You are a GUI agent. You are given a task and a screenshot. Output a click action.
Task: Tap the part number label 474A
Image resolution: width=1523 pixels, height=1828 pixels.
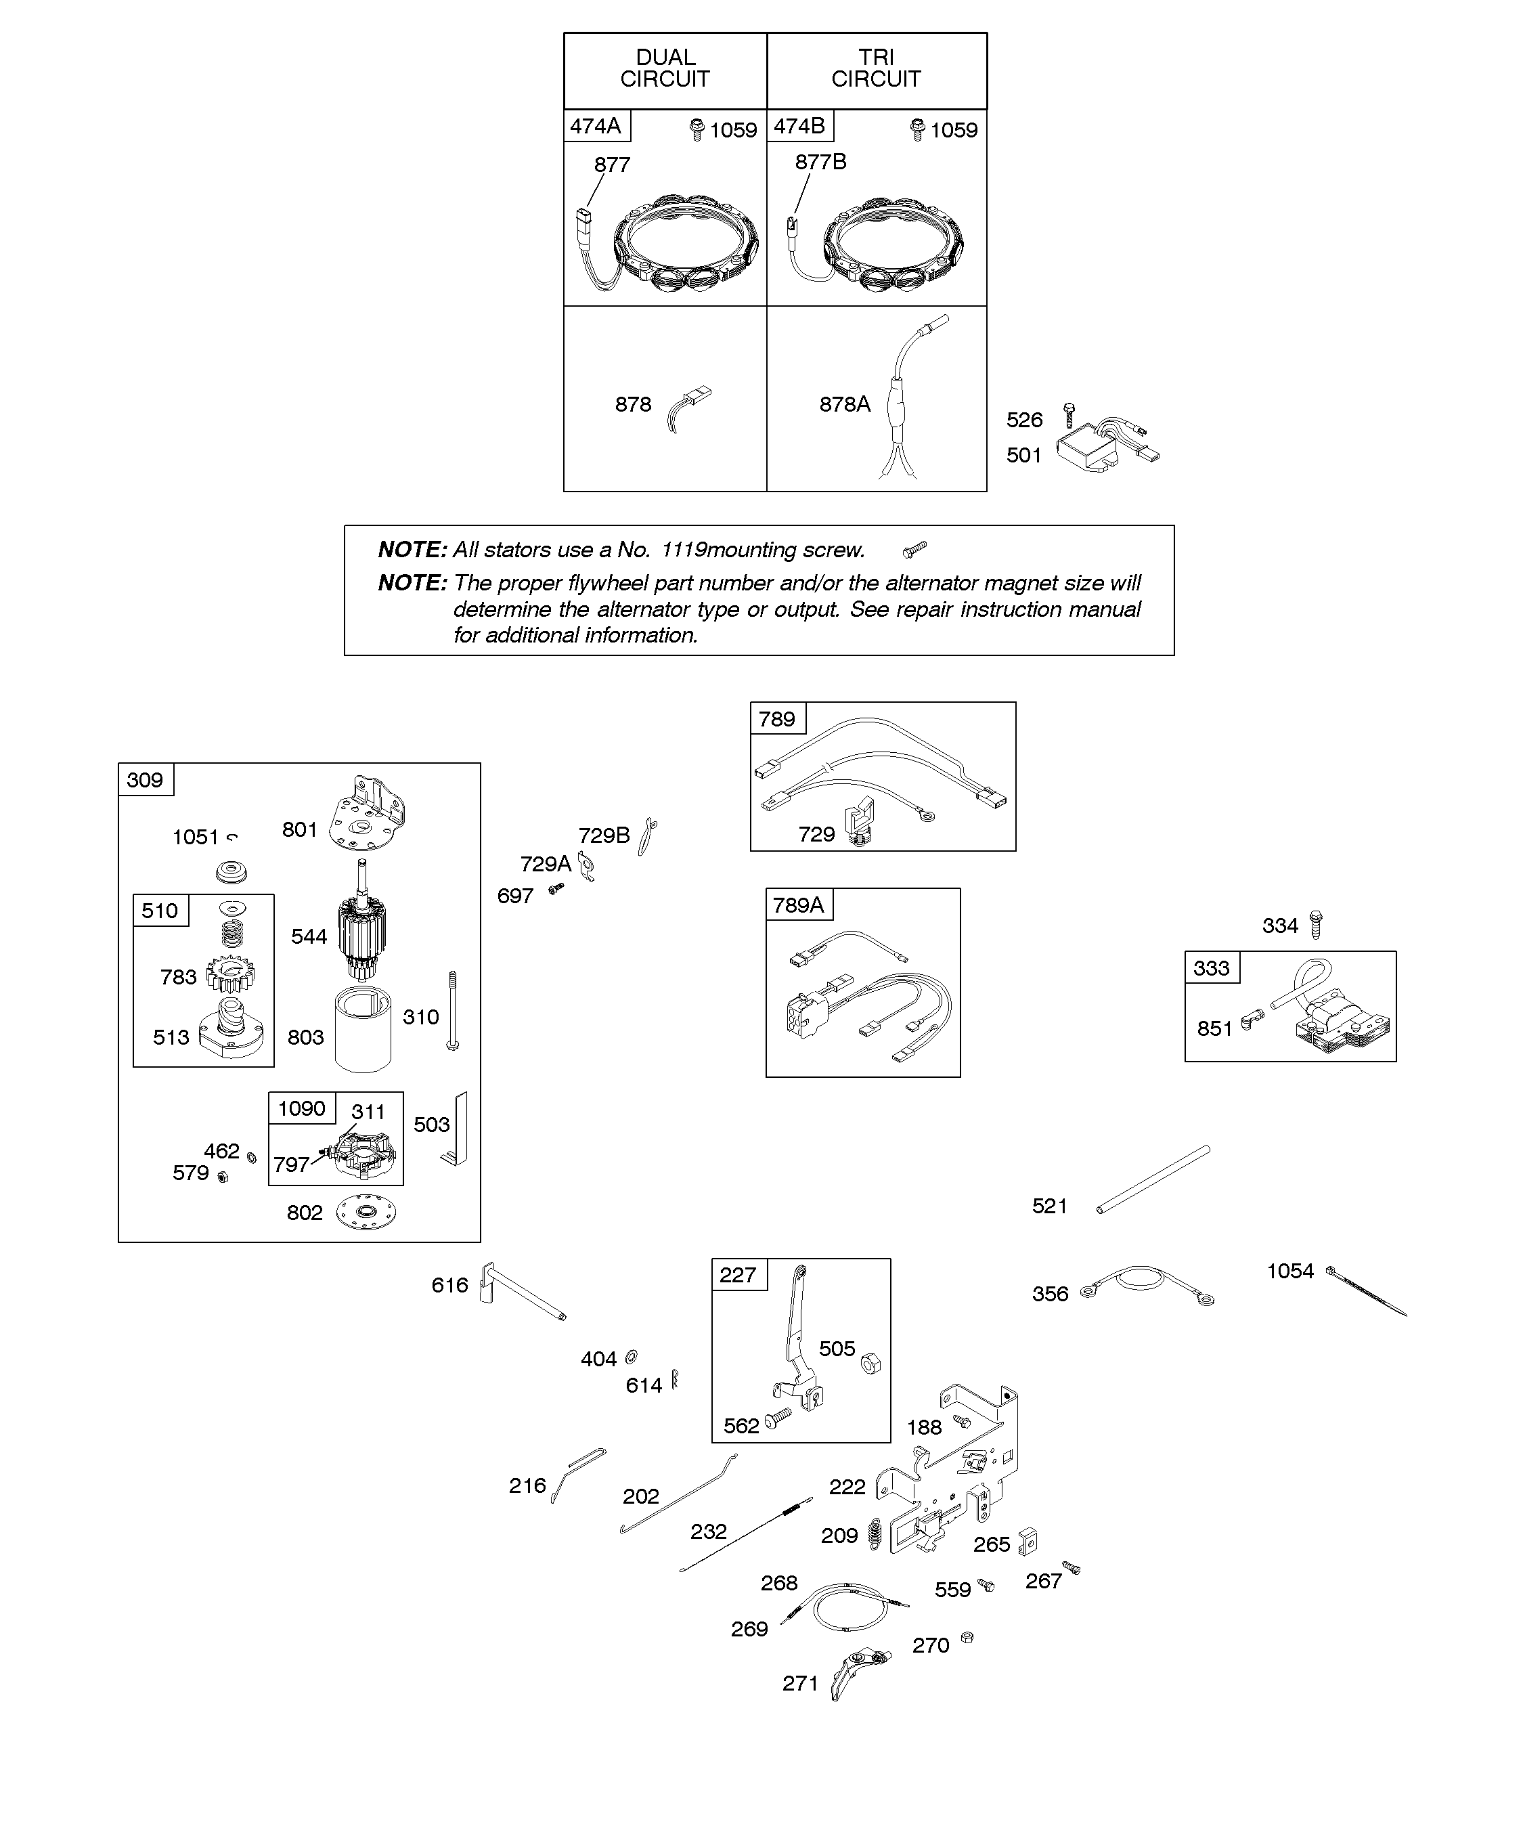(x=596, y=126)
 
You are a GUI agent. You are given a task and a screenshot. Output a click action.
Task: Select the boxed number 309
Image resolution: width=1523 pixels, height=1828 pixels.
(x=146, y=780)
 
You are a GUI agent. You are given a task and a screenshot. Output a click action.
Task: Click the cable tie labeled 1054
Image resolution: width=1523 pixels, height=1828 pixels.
(x=1367, y=1292)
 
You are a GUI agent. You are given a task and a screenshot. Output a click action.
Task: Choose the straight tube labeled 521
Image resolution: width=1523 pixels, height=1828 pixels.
(x=1153, y=1179)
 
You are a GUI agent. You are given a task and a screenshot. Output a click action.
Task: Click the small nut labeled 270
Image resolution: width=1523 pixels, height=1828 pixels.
(x=966, y=1638)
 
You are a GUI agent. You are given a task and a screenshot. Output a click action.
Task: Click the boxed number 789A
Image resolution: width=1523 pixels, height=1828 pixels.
(x=798, y=905)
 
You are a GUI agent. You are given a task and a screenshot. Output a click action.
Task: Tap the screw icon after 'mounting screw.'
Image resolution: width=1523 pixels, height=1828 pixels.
(x=914, y=549)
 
